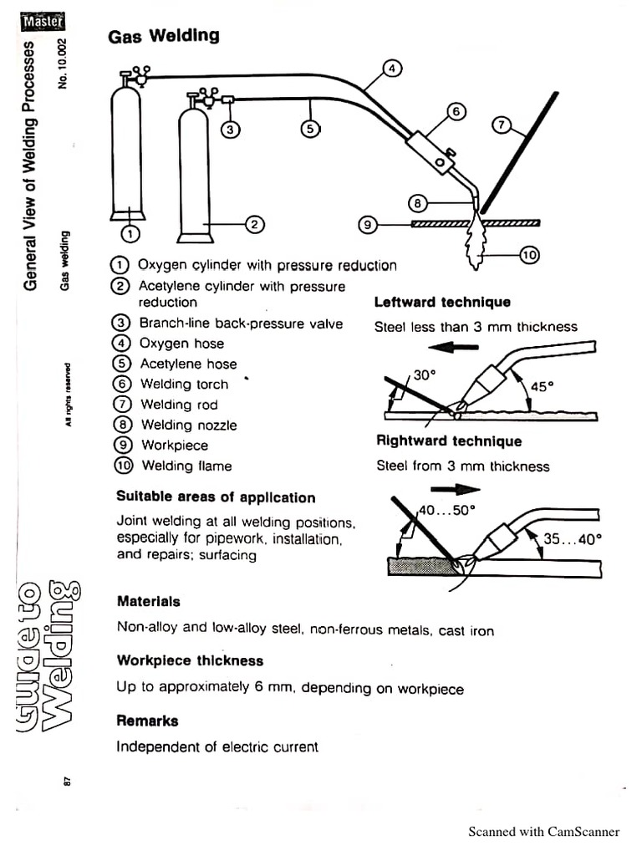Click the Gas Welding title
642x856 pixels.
164,35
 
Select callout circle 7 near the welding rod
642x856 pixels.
501,125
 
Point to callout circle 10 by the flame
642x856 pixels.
530,256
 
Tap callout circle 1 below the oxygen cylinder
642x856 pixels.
131,232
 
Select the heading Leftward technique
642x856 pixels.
442,303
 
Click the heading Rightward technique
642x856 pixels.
449,441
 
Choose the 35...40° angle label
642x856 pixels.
572,539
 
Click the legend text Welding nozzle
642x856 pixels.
188,425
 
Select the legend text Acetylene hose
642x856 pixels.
188,364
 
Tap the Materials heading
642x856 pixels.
148,601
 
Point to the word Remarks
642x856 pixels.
147,721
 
